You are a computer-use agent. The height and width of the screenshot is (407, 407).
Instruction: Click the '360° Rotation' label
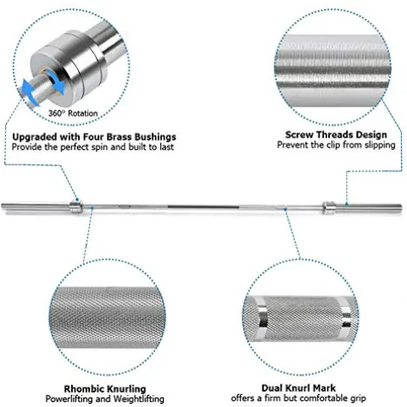click(x=73, y=114)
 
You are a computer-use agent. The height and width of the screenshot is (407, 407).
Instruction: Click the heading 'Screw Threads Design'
click(x=336, y=135)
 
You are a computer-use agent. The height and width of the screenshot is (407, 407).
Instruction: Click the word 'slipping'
click(x=380, y=145)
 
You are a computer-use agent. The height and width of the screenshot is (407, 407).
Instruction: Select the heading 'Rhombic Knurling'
click(x=105, y=389)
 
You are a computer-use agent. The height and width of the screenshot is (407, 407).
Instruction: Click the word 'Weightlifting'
click(x=138, y=399)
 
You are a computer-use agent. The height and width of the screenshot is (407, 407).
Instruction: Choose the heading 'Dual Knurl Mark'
click(x=298, y=388)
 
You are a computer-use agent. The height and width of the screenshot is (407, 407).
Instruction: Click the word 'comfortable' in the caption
click(x=321, y=399)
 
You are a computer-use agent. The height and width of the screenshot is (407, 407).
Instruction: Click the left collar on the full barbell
click(x=76, y=207)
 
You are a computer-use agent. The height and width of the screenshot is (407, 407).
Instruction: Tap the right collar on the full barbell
click(x=329, y=207)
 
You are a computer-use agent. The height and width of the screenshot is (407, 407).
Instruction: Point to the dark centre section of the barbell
click(x=203, y=207)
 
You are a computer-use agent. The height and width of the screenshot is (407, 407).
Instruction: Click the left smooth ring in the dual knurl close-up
click(x=262, y=318)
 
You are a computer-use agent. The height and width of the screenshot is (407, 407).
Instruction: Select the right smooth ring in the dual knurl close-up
click(x=345, y=317)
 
